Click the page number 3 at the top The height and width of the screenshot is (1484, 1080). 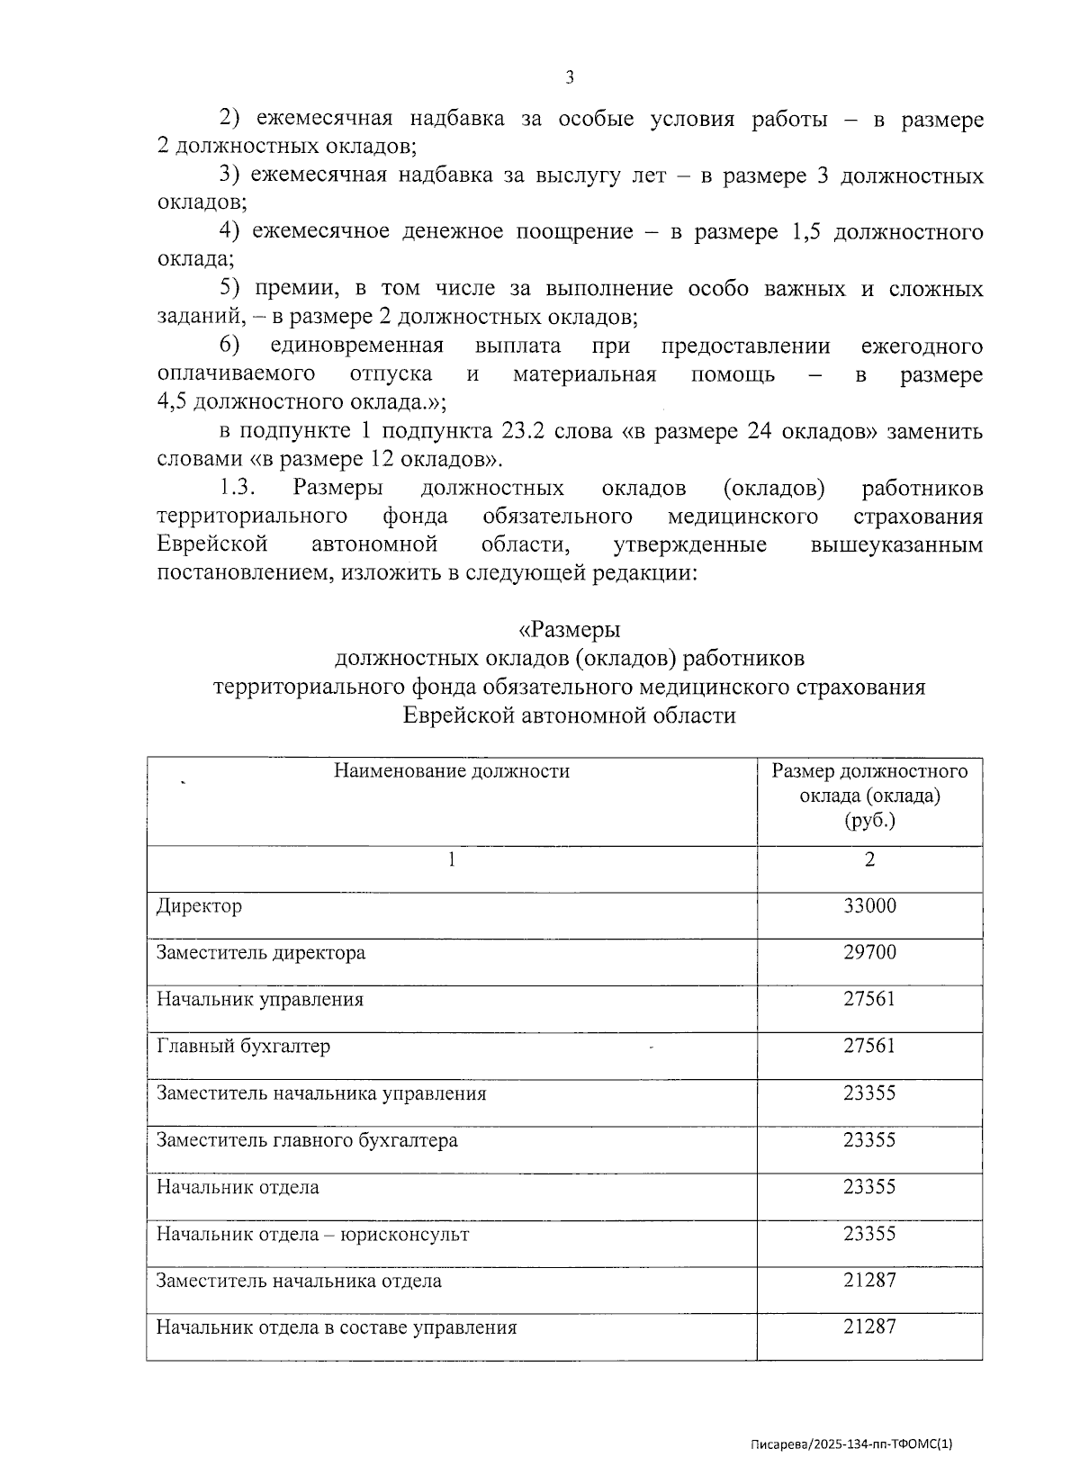tap(569, 77)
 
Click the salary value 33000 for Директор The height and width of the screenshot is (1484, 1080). tap(868, 905)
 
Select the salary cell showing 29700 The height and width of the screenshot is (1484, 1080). tap(868, 952)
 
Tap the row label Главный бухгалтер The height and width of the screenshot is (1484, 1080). tap(243, 1046)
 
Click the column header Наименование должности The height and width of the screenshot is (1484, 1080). tap(452, 771)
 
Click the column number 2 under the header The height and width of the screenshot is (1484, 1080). tap(869, 859)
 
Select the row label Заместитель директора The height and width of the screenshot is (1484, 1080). tap(261, 952)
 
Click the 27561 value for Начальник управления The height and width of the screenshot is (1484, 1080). tap(868, 999)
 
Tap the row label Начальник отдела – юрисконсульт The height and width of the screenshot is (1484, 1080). tap(312, 1234)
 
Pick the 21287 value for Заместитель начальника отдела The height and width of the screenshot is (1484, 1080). tap(868, 1280)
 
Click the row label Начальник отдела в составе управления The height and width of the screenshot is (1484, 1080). tap(337, 1327)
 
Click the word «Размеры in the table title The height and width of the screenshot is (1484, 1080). tap(569, 629)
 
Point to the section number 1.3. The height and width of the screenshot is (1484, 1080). tap(238, 489)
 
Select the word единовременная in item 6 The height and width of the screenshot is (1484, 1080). tap(356, 346)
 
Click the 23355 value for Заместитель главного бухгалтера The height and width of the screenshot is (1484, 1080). tap(868, 1139)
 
